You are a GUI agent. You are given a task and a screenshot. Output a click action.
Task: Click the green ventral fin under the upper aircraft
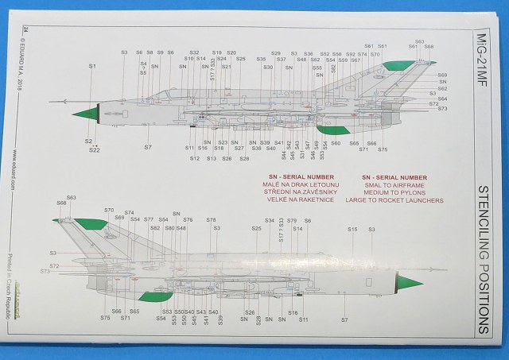click(x=333, y=130)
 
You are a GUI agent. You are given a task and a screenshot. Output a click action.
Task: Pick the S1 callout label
click(x=91, y=66)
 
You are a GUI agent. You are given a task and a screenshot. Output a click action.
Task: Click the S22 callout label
click(x=95, y=149)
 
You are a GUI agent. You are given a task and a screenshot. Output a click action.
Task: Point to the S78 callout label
click(x=211, y=220)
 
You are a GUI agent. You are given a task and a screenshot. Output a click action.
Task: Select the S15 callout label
click(x=352, y=229)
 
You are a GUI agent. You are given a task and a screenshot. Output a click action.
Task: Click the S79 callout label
click(x=292, y=220)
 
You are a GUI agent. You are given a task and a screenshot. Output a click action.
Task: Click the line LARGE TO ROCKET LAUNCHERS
click(x=395, y=201)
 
